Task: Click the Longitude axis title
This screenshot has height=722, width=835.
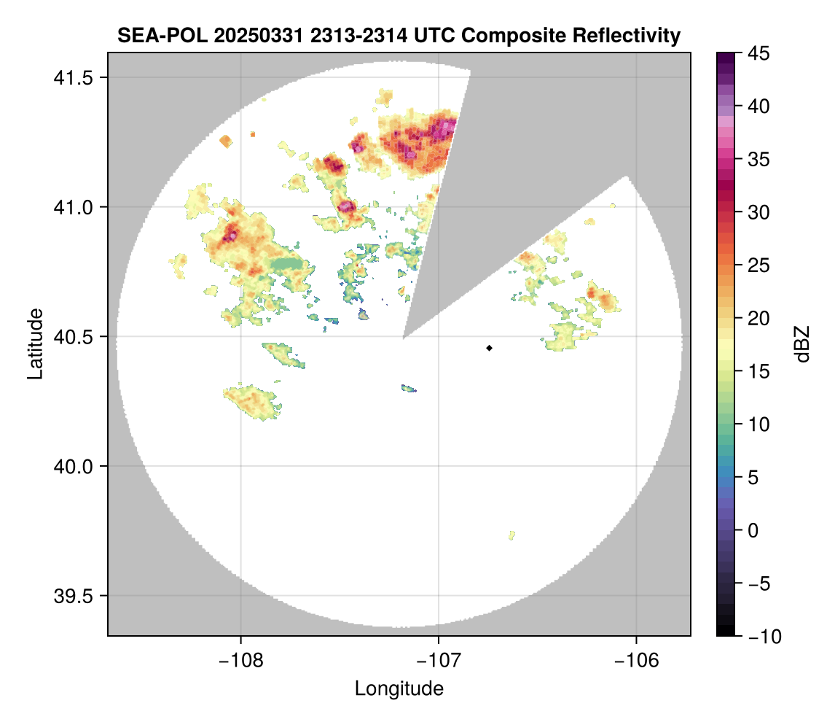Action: pos(399,688)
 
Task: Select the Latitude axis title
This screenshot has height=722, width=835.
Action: pos(35,343)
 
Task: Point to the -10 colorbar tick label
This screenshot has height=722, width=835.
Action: pos(760,637)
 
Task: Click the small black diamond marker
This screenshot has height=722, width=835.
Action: pos(490,348)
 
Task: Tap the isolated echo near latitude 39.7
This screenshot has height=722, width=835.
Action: pos(512,535)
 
